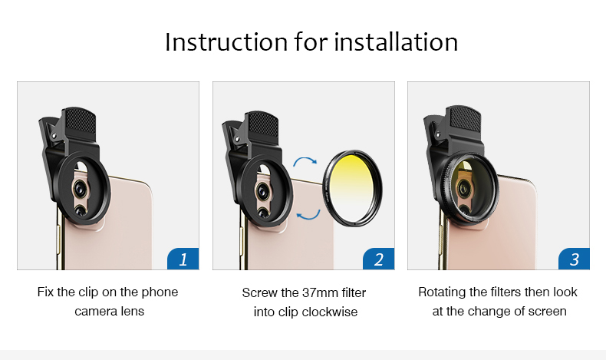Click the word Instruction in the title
[x=226, y=41]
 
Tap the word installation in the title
[x=396, y=41]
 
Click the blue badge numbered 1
[x=183, y=259]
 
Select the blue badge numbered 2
[x=379, y=259]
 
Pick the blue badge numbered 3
[x=575, y=259]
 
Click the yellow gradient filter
[x=352, y=188]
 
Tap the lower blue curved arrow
[x=308, y=215]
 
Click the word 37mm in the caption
[x=320, y=292]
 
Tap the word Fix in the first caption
[x=45, y=292]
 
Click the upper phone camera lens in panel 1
[x=80, y=187]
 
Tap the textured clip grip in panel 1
[x=80, y=120]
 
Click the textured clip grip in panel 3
[x=466, y=118]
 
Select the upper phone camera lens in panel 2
[x=262, y=190]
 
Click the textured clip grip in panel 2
[x=263, y=124]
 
